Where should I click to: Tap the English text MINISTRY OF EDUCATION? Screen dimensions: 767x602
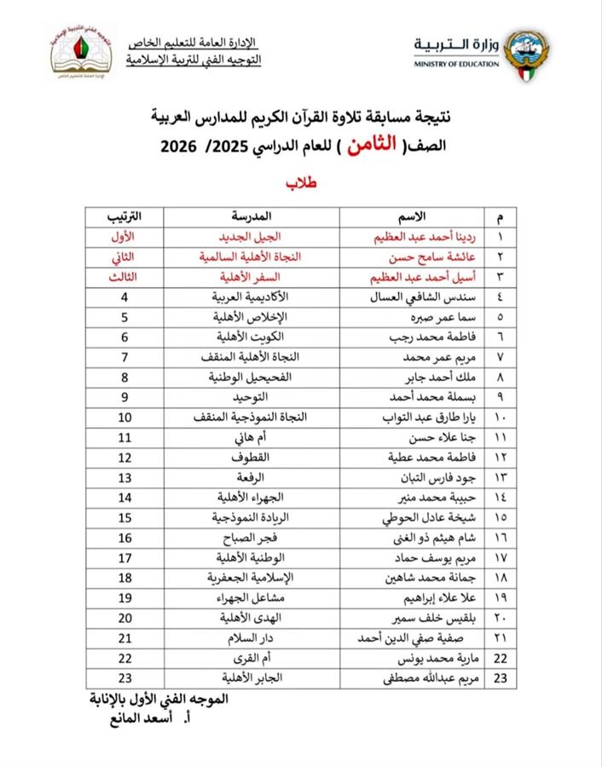click(x=455, y=64)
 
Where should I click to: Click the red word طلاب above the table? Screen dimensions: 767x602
click(x=300, y=182)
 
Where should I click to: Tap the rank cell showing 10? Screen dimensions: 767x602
click(x=124, y=417)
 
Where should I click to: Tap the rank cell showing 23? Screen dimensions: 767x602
click(x=124, y=679)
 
